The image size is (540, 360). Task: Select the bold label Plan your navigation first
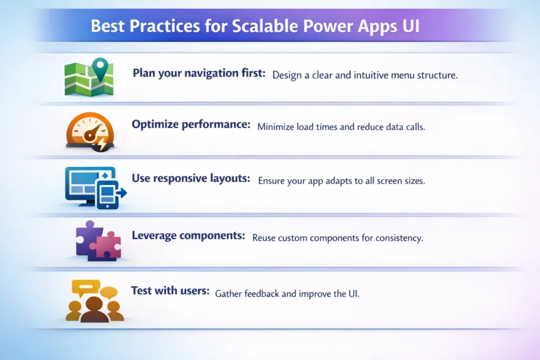point(199,73)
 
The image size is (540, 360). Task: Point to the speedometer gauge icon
point(89,131)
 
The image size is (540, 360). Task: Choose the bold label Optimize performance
point(191,125)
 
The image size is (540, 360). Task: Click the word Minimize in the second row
point(277,127)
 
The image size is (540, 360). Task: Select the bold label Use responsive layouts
point(190,179)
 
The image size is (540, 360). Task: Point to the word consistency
point(399,238)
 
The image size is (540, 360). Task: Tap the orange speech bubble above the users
point(109,292)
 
